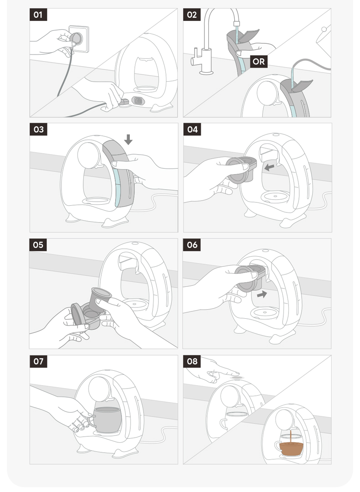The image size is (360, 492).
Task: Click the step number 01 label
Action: pyautogui.click(x=38, y=15)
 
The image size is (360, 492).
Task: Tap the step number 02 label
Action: pyautogui.click(x=191, y=15)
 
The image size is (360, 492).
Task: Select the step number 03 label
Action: pyautogui.click(x=38, y=129)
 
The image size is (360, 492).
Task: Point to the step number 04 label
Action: pyautogui.click(x=192, y=129)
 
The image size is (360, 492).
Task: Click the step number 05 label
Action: pyautogui.click(x=38, y=245)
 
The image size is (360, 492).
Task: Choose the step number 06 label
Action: pyautogui.click(x=191, y=245)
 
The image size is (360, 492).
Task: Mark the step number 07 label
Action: pyautogui.click(x=38, y=361)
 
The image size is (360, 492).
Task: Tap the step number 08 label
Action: pyautogui.click(x=191, y=361)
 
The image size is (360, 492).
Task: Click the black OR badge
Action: pyautogui.click(x=259, y=62)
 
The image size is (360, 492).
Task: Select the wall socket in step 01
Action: pyautogui.click(x=79, y=39)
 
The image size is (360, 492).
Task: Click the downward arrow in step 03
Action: pyautogui.click(x=128, y=140)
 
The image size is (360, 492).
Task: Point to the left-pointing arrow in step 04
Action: pyautogui.click(x=269, y=167)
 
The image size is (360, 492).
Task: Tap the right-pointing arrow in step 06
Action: pyautogui.click(x=262, y=294)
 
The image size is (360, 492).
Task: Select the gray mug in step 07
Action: pyautogui.click(x=106, y=420)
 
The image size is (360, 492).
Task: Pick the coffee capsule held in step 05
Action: pyautogui.click(x=100, y=300)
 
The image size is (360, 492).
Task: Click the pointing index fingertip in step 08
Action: pyautogui.click(x=238, y=373)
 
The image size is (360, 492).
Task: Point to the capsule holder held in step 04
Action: pyautogui.click(x=242, y=170)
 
